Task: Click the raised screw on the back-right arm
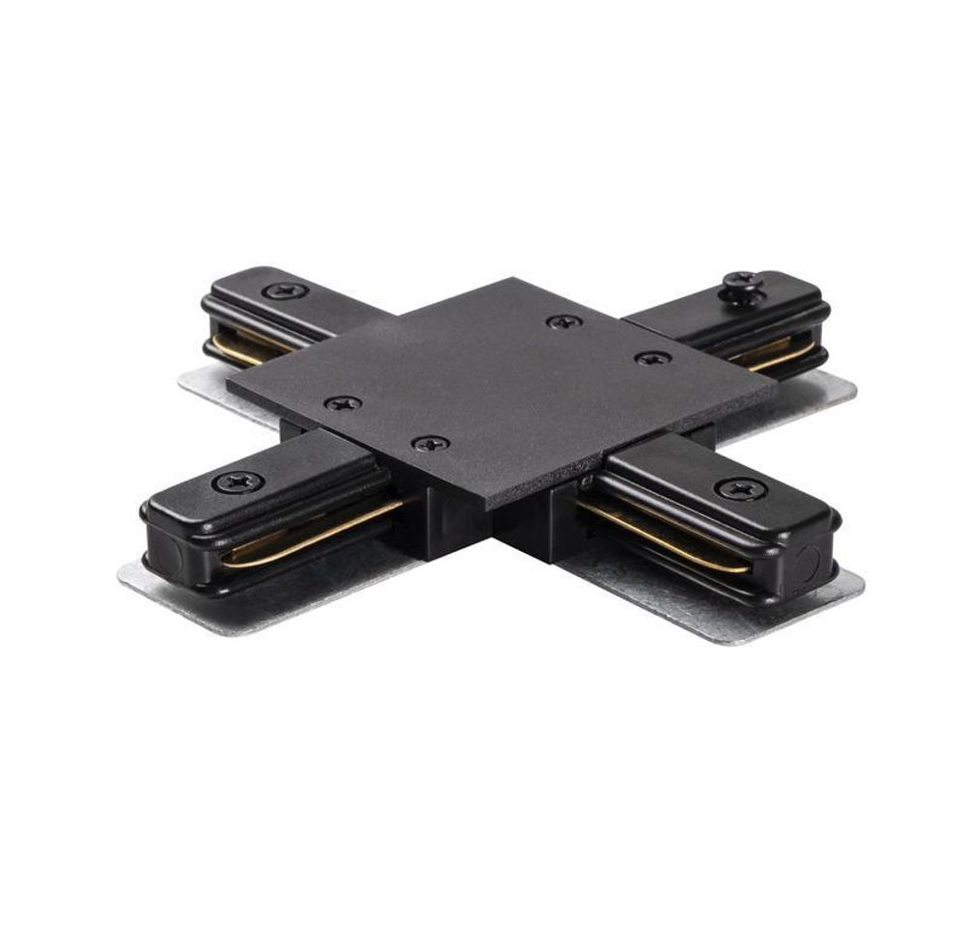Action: pyautogui.click(x=743, y=282)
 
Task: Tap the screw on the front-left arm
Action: pyautogui.click(x=237, y=480)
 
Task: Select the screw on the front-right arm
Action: pyautogui.click(x=740, y=488)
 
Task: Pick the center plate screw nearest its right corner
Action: pyautogui.click(x=652, y=358)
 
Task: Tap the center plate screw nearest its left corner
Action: pyautogui.click(x=343, y=403)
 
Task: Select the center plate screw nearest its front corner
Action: pyautogui.click(x=430, y=444)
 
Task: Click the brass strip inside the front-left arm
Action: pyautogui.click(x=309, y=534)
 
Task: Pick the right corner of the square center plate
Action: pyautogui.click(x=774, y=381)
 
